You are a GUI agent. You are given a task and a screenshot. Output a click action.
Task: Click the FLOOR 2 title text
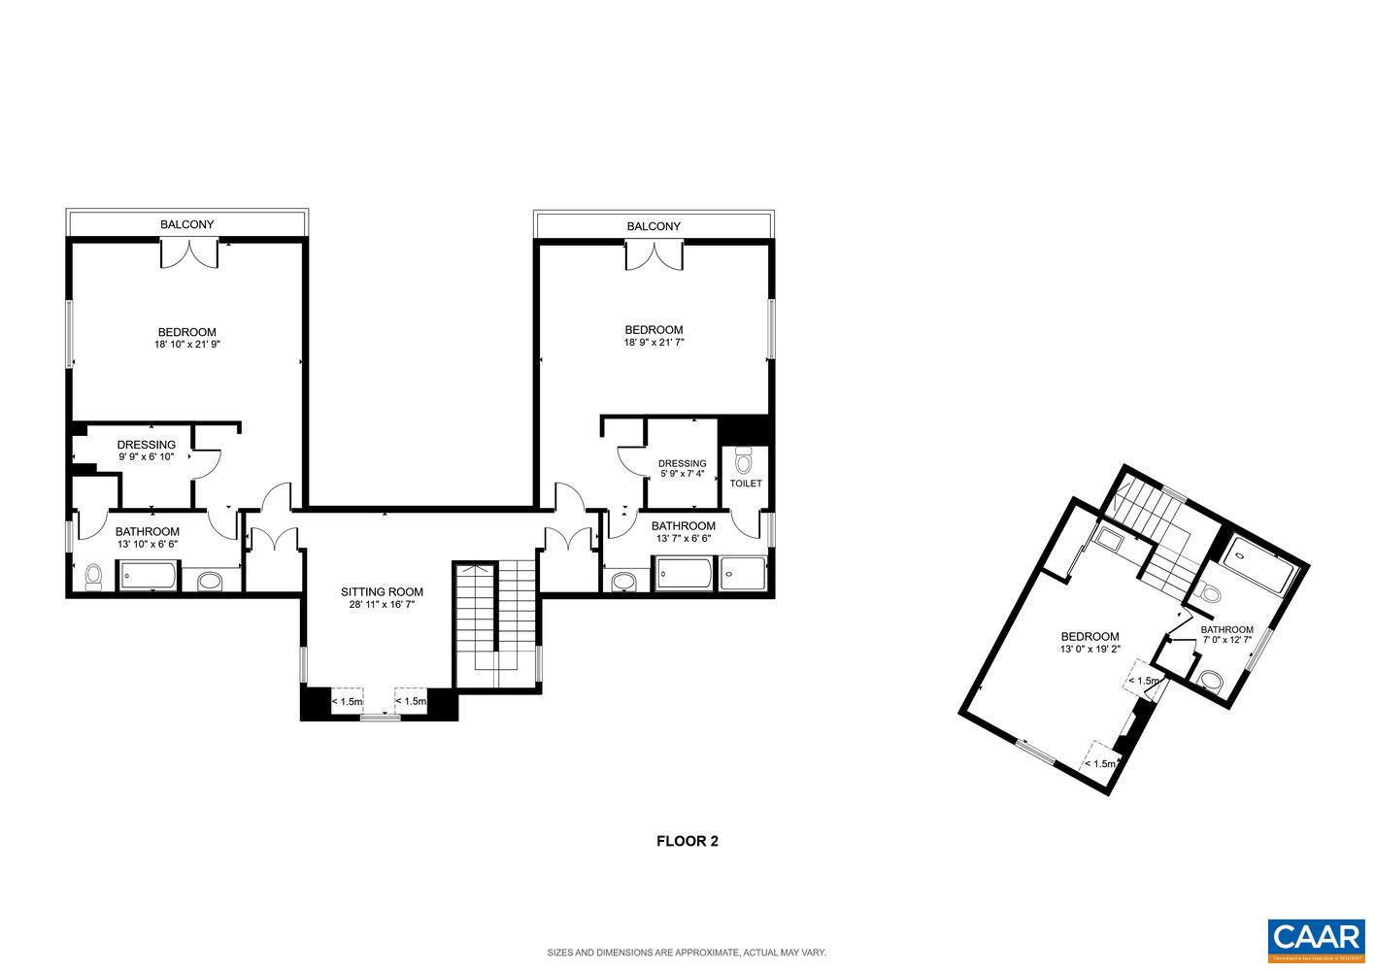click(x=687, y=842)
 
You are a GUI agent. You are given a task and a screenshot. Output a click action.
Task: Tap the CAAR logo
click(x=1316, y=937)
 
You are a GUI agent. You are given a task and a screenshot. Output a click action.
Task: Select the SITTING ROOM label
click(x=382, y=591)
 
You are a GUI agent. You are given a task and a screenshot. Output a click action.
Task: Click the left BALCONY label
click(x=186, y=224)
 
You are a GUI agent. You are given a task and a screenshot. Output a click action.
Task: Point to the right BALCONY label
click(x=654, y=226)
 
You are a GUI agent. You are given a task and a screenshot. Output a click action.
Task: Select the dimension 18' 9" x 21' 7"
click(x=654, y=342)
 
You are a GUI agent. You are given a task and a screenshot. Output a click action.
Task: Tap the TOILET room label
click(x=746, y=483)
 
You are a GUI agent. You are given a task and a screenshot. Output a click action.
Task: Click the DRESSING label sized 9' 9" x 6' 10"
click(x=147, y=445)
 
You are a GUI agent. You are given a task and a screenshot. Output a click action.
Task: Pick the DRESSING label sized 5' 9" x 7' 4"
click(x=682, y=463)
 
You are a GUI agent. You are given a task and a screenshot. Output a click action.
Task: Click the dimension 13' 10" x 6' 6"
click(x=147, y=544)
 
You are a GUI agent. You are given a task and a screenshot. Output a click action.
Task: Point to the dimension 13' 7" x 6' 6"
click(x=684, y=538)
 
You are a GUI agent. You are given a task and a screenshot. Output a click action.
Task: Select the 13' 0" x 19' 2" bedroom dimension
click(x=1090, y=650)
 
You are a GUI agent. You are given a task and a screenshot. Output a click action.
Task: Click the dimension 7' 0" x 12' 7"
click(x=1227, y=640)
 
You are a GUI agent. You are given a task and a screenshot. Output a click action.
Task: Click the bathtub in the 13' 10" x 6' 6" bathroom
click(x=149, y=577)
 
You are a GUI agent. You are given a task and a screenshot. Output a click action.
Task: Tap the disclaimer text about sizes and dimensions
click(x=687, y=953)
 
